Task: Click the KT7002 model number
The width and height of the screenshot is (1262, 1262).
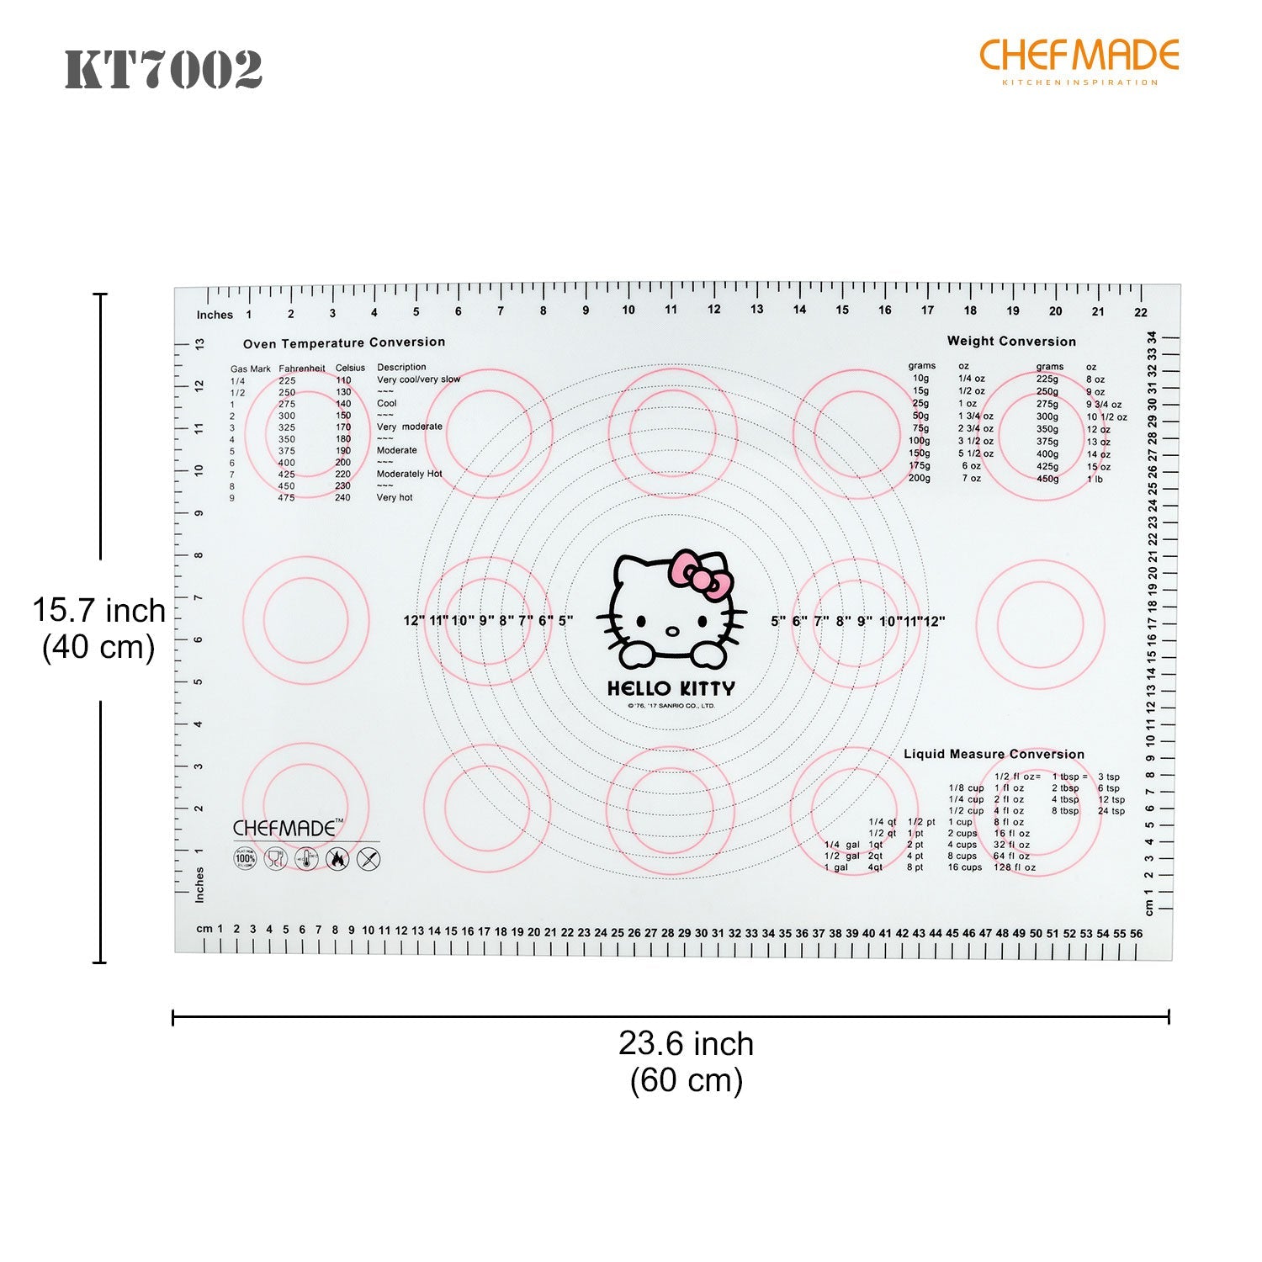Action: [x=164, y=69]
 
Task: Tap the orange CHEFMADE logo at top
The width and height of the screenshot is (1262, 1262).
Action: [x=1079, y=56]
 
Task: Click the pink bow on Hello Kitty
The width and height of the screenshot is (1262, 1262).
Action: [x=697, y=575]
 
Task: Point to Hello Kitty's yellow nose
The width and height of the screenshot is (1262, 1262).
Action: [x=671, y=631]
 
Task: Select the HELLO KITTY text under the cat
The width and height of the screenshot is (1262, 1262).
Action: [x=671, y=688]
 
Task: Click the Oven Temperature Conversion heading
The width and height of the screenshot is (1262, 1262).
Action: [x=344, y=342]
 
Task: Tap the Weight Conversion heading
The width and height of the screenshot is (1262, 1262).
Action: [x=1011, y=341]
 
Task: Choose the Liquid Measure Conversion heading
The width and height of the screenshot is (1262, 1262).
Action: [x=994, y=754]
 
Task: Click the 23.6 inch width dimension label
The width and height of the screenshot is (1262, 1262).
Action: [x=687, y=1044]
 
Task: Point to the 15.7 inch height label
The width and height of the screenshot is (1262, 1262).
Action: [x=99, y=610]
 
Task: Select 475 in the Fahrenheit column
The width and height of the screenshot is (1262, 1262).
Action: [x=287, y=497]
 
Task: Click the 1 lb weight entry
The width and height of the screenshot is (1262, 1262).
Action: [x=1094, y=479]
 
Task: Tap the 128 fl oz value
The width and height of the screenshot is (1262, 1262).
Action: [x=1014, y=867]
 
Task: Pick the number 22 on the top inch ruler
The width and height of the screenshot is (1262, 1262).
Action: [x=1140, y=312]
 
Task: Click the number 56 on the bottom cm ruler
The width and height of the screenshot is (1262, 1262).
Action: [x=1136, y=933]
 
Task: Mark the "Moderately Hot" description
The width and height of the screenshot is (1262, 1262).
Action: [x=409, y=474]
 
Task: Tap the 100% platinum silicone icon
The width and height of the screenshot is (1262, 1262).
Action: [x=245, y=859]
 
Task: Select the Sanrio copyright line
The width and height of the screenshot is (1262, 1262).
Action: [x=671, y=706]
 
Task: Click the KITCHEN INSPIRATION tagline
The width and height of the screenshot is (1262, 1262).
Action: [x=1079, y=82]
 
